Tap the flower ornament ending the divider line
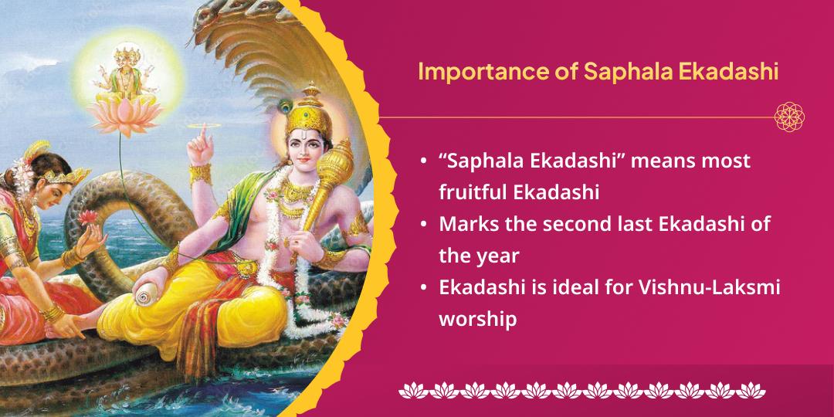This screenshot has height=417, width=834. (x=790, y=117)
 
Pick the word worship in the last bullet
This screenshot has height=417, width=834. (x=477, y=318)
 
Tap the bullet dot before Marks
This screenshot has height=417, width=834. (x=425, y=225)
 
